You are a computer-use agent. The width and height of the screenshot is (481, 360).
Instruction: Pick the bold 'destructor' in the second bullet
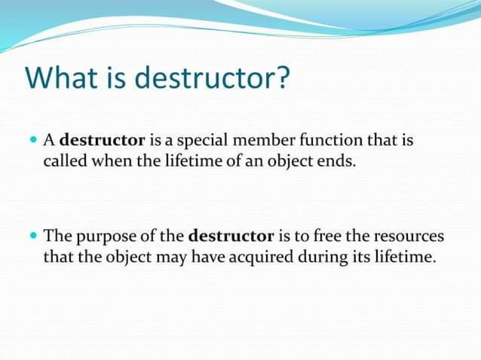[x=231, y=236]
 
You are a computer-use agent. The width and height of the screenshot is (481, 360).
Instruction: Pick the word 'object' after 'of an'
[x=293, y=161]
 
